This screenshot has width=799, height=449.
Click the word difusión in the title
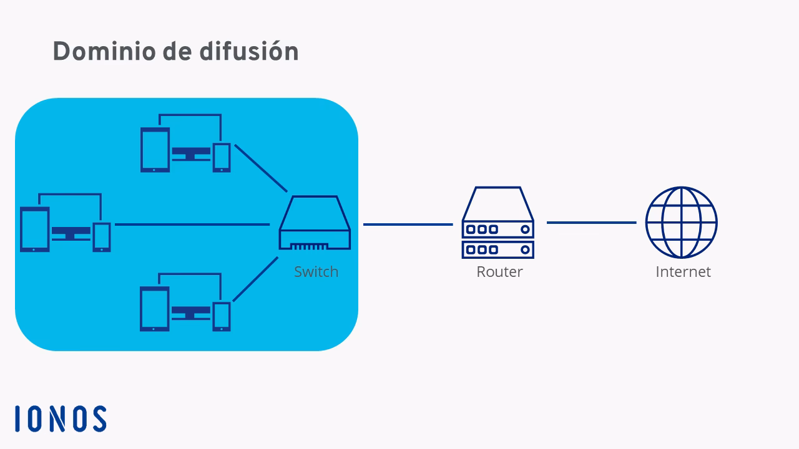point(249,51)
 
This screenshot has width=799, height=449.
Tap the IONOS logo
point(61,418)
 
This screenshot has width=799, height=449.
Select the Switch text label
point(316,272)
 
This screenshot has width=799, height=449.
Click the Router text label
point(499,272)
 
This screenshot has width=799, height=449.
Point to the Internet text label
point(683,272)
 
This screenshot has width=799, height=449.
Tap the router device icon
point(498,223)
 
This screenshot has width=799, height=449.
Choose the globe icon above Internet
point(681,223)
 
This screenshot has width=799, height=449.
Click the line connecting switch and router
point(408,224)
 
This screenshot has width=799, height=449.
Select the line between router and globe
point(591,223)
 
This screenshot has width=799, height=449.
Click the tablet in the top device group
point(155,150)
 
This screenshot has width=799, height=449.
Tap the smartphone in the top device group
point(222,157)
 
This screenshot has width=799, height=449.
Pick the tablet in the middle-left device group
point(34,229)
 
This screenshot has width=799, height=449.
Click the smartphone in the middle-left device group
point(102,237)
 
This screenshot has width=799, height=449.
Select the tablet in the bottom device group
point(155,309)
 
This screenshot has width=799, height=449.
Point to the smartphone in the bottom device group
point(222,316)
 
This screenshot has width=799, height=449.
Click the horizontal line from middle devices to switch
point(192,224)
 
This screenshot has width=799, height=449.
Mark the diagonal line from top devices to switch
point(260,168)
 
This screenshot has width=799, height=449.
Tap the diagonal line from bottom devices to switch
point(255,279)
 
